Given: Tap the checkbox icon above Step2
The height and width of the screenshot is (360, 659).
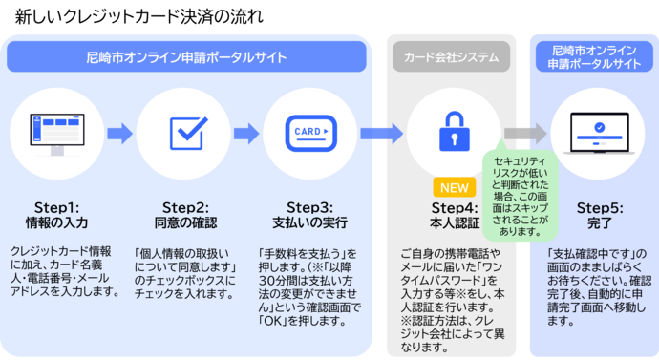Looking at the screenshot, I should coord(183,133).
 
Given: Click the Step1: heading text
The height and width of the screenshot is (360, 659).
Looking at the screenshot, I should coord(56,207).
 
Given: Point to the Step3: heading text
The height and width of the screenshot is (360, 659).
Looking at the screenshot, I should coord(311,207).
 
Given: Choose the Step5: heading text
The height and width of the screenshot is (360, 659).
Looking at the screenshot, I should coord(598,207).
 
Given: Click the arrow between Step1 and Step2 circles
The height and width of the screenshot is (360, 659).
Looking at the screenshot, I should coord(119,133).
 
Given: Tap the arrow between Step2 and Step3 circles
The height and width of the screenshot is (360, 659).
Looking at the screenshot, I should coord(247,133).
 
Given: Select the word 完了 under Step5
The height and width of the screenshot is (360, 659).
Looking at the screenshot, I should coord(598,223).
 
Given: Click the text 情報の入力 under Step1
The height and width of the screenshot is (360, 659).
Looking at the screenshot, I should coord(56,223).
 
